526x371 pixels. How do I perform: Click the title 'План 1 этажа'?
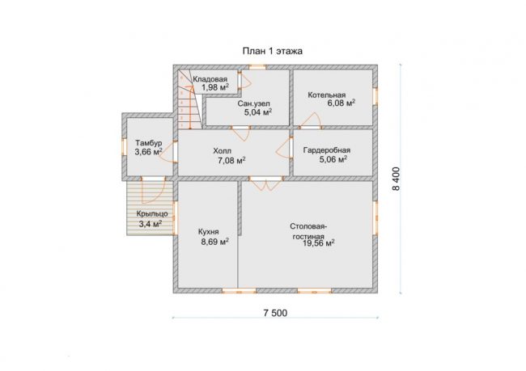click(x=273, y=51)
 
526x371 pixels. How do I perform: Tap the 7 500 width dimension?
click(x=275, y=313)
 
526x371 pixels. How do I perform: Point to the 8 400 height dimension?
click(x=397, y=179)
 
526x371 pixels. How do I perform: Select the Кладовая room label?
click(x=210, y=79)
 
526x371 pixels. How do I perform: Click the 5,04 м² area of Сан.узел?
click(x=258, y=112)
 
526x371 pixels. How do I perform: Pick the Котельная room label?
click(x=327, y=95)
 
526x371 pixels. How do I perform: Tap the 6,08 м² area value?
click(x=341, y=103)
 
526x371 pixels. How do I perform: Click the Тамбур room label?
click(x=149, y=143)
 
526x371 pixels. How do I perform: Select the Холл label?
click(x=222, y=151)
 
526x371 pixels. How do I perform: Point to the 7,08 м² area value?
click(x=231, y=161)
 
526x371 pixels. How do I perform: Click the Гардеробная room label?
click(x=327, y=150)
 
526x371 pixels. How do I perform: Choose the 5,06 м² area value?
click(x=333, y=159)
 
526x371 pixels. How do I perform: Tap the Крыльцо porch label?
click(x=152, y=214)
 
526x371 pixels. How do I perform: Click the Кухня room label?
click(x=208, y=232)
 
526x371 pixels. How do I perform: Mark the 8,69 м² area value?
click(x=215, y=242)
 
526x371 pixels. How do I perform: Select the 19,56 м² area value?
click(x=319, y=243)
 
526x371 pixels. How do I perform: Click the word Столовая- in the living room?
click(x=309, y=226)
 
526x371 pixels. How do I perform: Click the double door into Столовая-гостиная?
click(x=267, y=183)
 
